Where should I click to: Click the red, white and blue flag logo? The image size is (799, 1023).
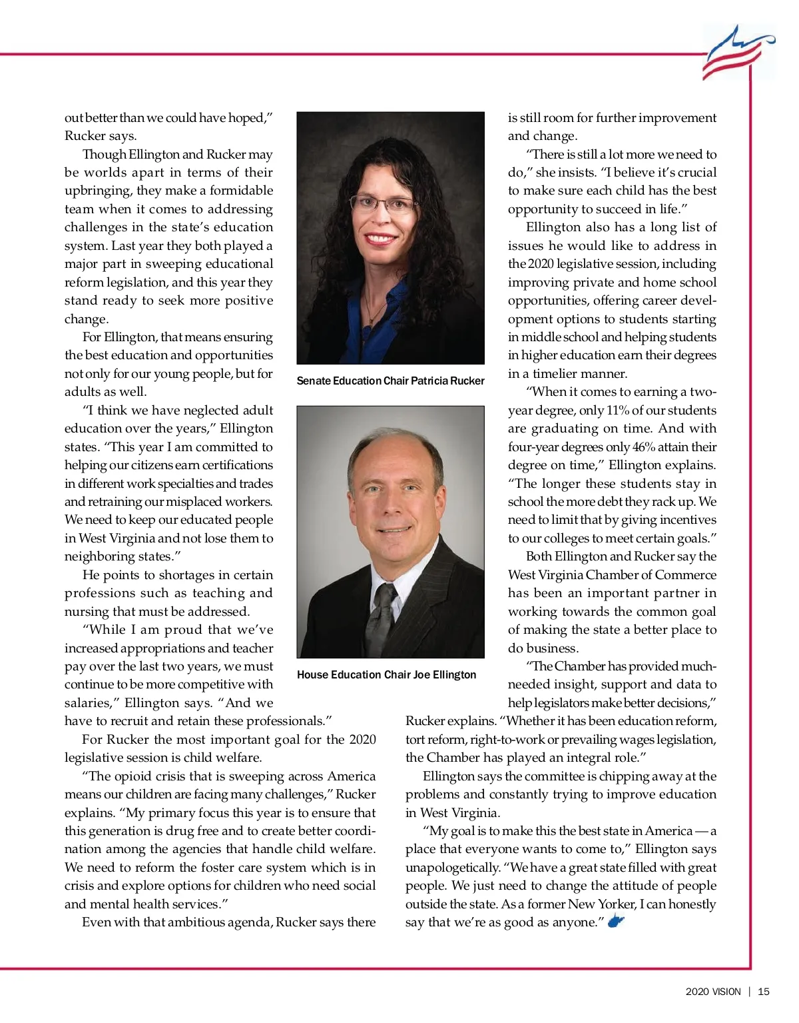coord(737,53)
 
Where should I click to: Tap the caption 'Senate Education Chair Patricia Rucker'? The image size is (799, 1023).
coord(390,381)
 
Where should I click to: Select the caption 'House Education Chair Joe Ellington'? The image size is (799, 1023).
coord(386,675)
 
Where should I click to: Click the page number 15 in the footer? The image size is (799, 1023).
coord(763,992)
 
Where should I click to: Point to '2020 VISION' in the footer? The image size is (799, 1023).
coord(712,992)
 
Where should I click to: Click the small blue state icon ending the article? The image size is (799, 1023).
coord(616,922)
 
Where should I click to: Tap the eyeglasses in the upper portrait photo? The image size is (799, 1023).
coord(384,203)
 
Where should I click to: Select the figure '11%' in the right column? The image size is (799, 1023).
coord(617,411)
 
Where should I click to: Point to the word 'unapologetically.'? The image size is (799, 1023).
coord(453,868)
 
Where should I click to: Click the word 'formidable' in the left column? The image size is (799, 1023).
coord(241,191)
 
